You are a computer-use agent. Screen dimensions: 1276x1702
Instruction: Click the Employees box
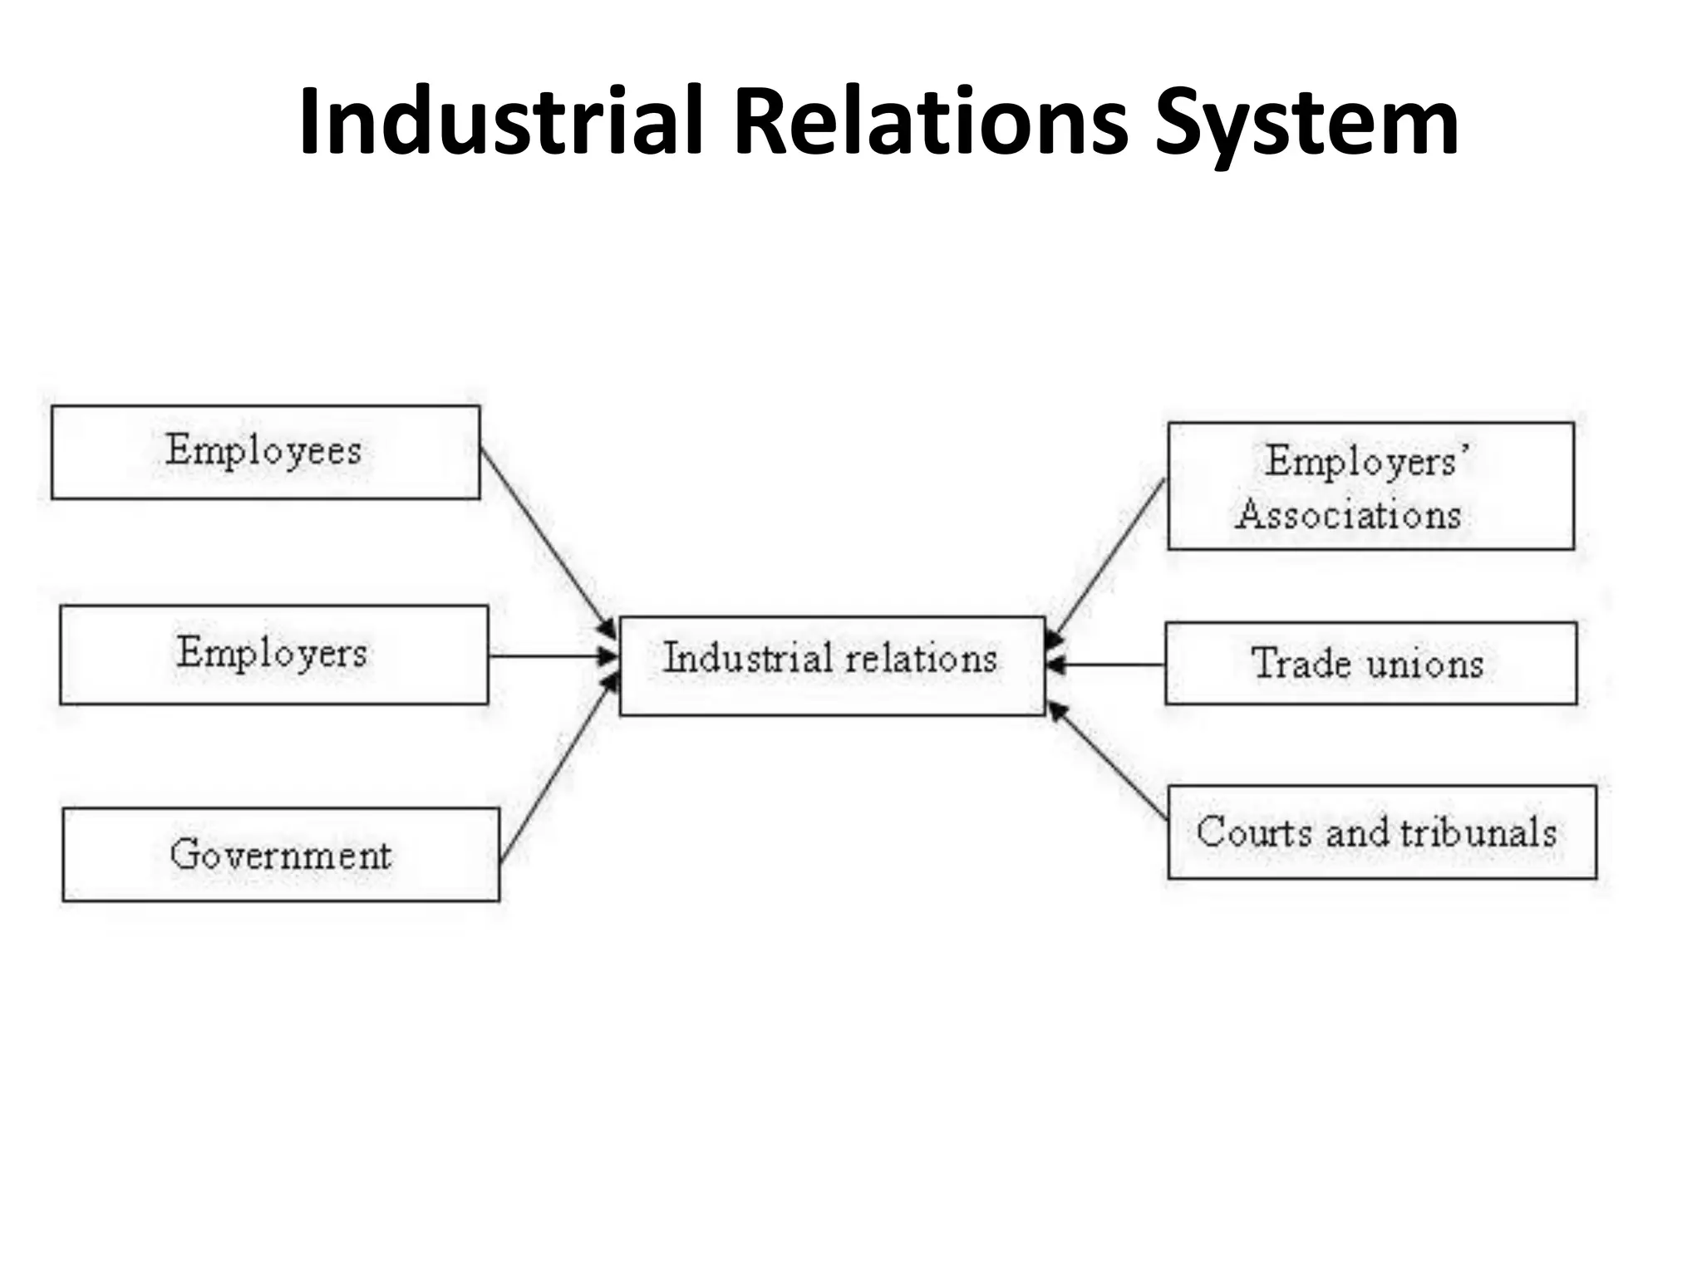[x=265, y=452]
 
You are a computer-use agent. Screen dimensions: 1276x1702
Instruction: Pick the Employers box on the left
[x=273, y=655]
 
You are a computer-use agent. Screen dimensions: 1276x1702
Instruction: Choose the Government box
[x=280, y=854]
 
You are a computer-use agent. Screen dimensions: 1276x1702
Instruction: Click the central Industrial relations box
[x=831, y=665]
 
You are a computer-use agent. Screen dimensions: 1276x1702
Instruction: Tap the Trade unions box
[x=1370, y=663]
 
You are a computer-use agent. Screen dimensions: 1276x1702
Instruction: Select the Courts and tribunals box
[x=1381, y=832]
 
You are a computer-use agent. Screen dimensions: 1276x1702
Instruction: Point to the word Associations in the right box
[x=1348, y=515]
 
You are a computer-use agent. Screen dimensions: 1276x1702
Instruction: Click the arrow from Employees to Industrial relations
[x=544, y=541]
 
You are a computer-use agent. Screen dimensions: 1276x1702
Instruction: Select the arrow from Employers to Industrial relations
[x=548, y=656]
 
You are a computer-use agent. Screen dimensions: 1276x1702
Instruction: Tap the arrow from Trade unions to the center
[x=1105, y=665]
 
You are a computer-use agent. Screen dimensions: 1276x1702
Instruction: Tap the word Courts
[x=1255, y=832]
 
